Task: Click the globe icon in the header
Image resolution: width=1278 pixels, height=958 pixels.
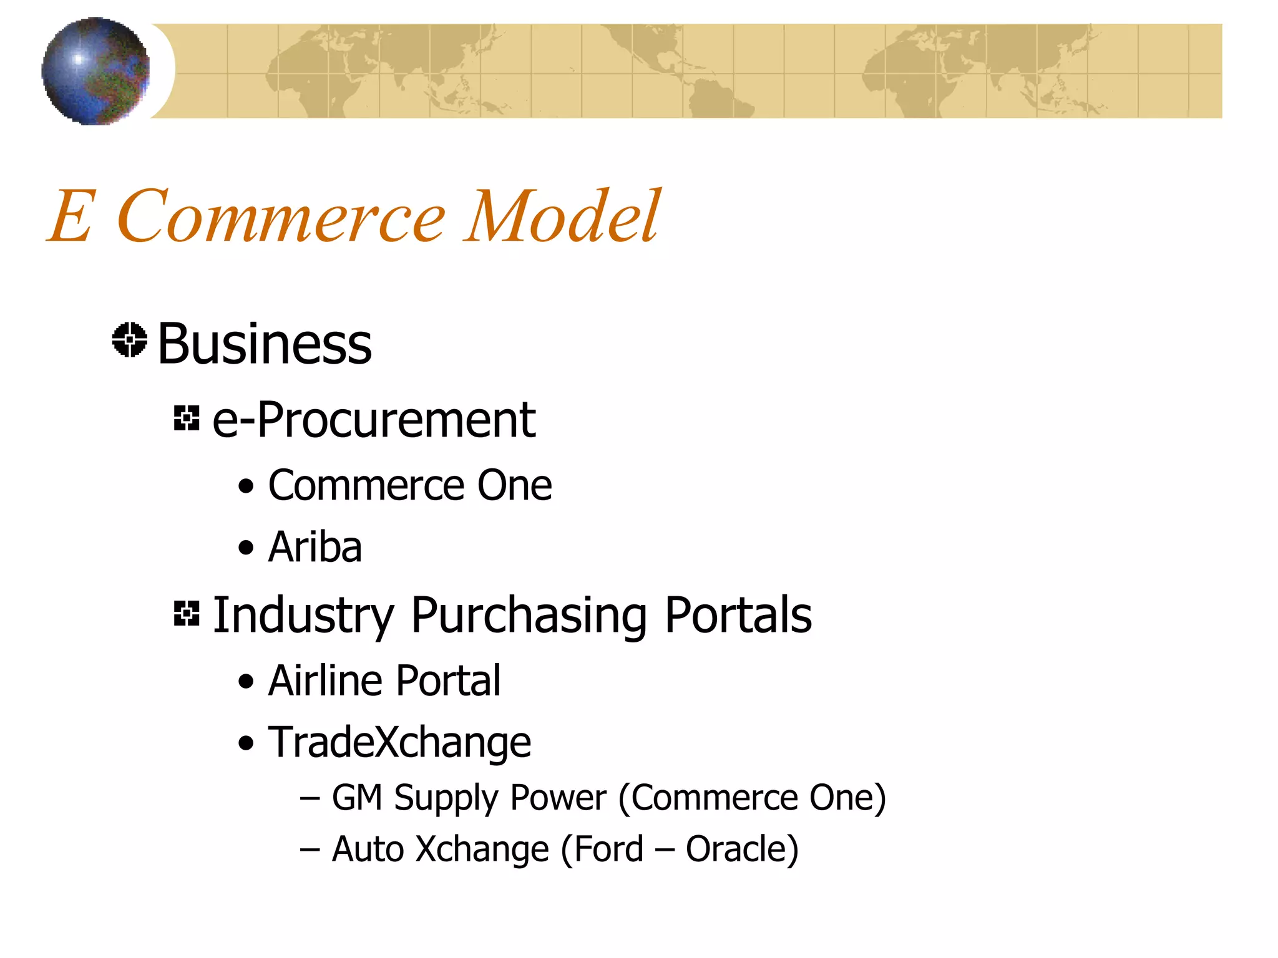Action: click(x=95, y=71)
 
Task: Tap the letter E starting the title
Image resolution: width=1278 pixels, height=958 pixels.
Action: click(x=72, y=216)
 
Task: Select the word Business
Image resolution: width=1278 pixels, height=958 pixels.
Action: click(x=265, y=344)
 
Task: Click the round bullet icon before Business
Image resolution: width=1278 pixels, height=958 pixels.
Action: click(x=130, y=340)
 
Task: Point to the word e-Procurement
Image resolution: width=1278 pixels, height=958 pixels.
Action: click(x=374, y=420)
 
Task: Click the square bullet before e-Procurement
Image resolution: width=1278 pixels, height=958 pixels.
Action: click(x=187, y=418)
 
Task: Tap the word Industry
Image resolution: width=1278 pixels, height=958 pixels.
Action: click(x=303, y=616)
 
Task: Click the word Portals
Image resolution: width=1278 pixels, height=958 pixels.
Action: click(x=738, y=614)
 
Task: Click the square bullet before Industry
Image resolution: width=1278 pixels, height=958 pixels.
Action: click(x=187, y=613)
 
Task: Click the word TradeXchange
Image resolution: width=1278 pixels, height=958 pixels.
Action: click(x=399, y=742)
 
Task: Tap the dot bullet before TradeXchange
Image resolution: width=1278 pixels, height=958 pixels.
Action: click(x=246, y=743)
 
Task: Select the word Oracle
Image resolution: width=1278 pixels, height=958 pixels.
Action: click(x=741, y=849)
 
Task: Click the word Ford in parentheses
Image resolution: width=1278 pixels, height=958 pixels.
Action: click(x=608, y=849)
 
